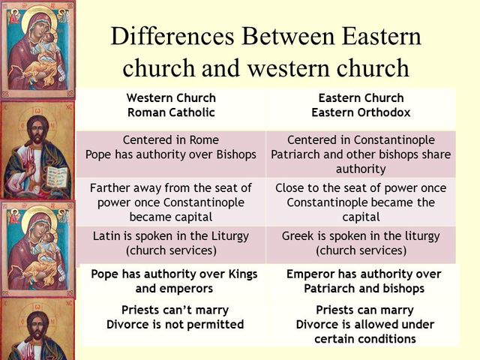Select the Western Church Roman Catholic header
pos(171,106)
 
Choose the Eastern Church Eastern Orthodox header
pos(361,106)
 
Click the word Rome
pos(203,139)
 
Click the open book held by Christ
pos(57,177)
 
